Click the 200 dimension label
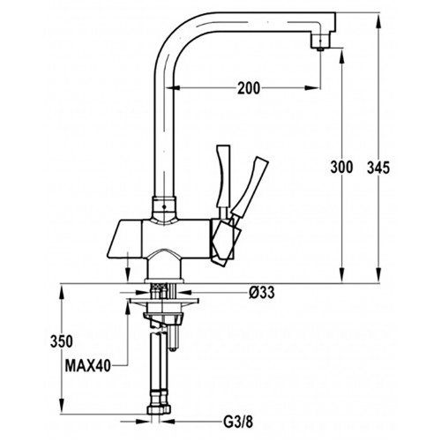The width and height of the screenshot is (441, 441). [x=249, y=88]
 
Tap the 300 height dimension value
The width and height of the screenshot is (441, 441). [x=341, y=168]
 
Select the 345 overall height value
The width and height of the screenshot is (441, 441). [x=378, y=168]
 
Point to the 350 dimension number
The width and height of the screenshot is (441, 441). [x=62, y=341]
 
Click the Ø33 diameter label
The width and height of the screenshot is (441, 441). [x=262, y=293]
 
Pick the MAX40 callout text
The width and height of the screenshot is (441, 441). [x=88, y=366]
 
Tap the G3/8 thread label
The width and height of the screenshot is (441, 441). [x=238, y=422]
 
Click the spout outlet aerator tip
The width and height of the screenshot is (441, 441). [x=320, y=49]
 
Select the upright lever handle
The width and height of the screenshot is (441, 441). [x=223, y=176]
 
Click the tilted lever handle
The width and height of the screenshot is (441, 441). [x=250, y=187]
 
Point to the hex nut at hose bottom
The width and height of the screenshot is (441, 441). [x=159, y=409]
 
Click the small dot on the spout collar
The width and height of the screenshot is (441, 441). [x=164, y=206]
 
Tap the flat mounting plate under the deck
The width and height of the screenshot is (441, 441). [x=164, y=301]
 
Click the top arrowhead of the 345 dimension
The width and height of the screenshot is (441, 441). [x=378, y=20]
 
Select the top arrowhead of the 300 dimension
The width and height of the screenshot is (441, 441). [x=341, y=56]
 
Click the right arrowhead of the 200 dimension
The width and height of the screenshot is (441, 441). [x=312, y=87]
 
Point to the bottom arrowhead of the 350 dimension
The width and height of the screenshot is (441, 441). [x=62, y=407]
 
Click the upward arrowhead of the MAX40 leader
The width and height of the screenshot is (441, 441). [x=128, y=308]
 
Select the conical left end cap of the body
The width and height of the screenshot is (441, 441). [x=124, y=239]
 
